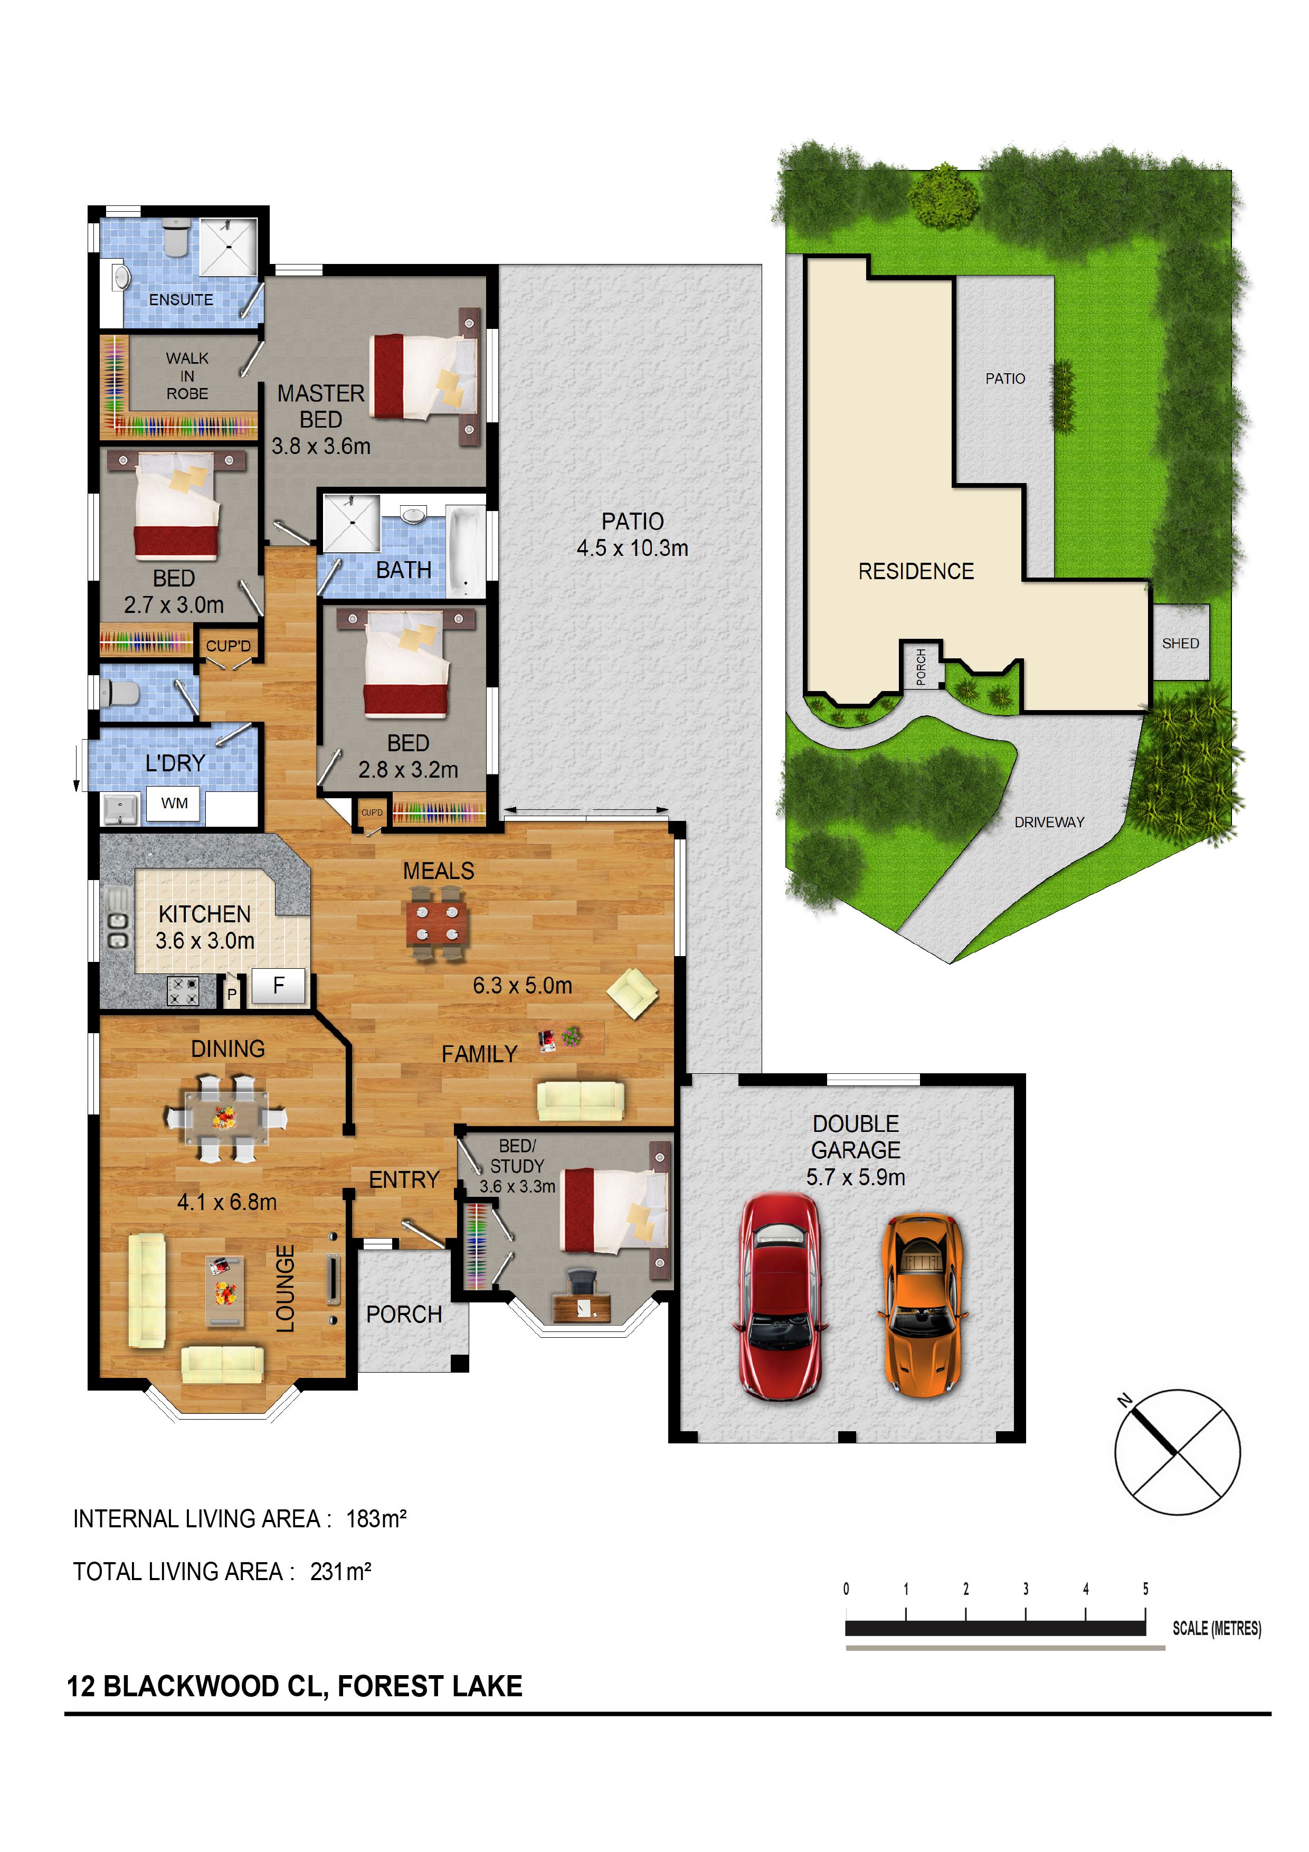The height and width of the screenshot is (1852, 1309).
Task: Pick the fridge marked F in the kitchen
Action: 279,985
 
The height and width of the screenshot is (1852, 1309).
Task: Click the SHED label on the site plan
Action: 1180,643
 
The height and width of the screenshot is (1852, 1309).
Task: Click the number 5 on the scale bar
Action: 1145,1589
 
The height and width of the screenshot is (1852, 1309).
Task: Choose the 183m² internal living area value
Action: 376,1519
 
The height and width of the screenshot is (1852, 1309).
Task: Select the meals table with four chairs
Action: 437,923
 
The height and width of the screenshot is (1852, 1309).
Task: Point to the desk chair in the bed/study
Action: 582,1280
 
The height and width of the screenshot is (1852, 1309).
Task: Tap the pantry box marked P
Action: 232,993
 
